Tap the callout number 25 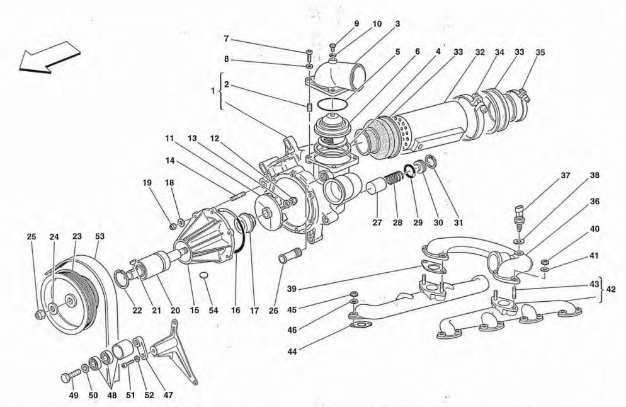pos(31,237)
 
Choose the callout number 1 pos(213,93)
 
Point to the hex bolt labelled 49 pos(67,377)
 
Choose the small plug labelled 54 pos(203,277)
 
